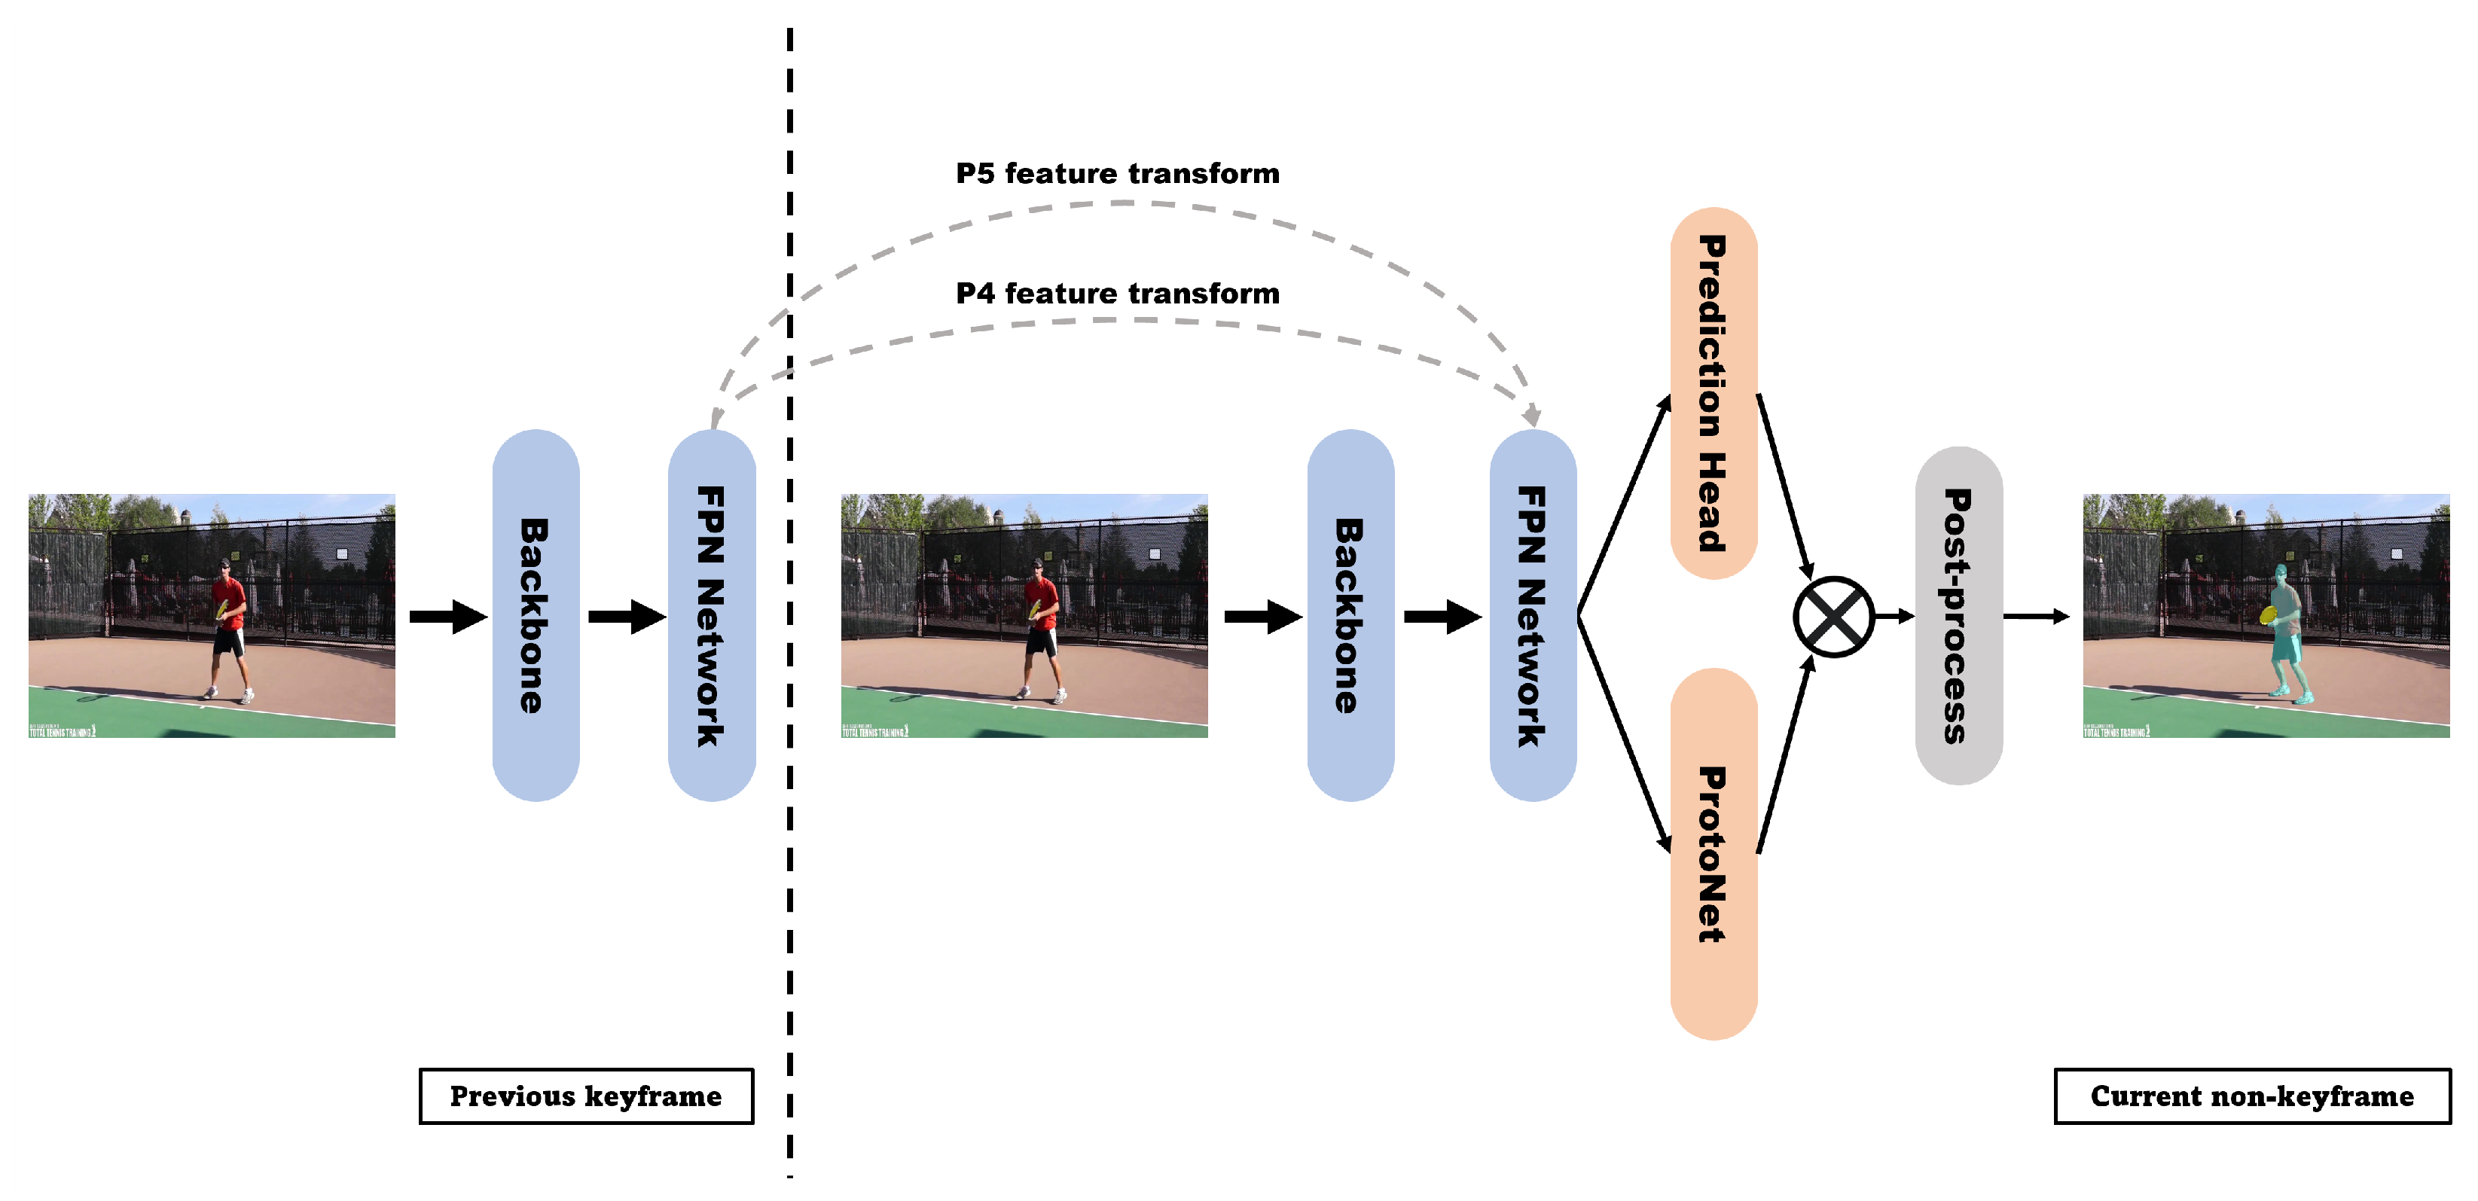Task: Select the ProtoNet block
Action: tap(1714, 853)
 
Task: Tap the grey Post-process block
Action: tap(1958, 615)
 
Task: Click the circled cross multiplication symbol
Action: tap(1833, 617)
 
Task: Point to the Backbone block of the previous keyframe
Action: tap(536, 615)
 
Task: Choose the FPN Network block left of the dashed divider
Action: tap(712, 615)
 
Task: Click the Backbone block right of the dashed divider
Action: tap(1350, 615)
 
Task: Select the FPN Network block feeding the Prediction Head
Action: tap(1533, 615)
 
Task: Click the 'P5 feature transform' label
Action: tap(1117, 174)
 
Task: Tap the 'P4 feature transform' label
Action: tap(1117, 293)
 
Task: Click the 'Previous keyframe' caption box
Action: tap(586, 1096)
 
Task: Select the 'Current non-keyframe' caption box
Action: tap(2252, 1096)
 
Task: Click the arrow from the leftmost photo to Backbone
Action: tap(448, 617)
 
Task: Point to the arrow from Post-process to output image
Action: tap(2035, 617)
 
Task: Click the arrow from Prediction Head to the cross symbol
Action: tap(1785, 486)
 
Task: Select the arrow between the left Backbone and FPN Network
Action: tap(626, 617)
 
